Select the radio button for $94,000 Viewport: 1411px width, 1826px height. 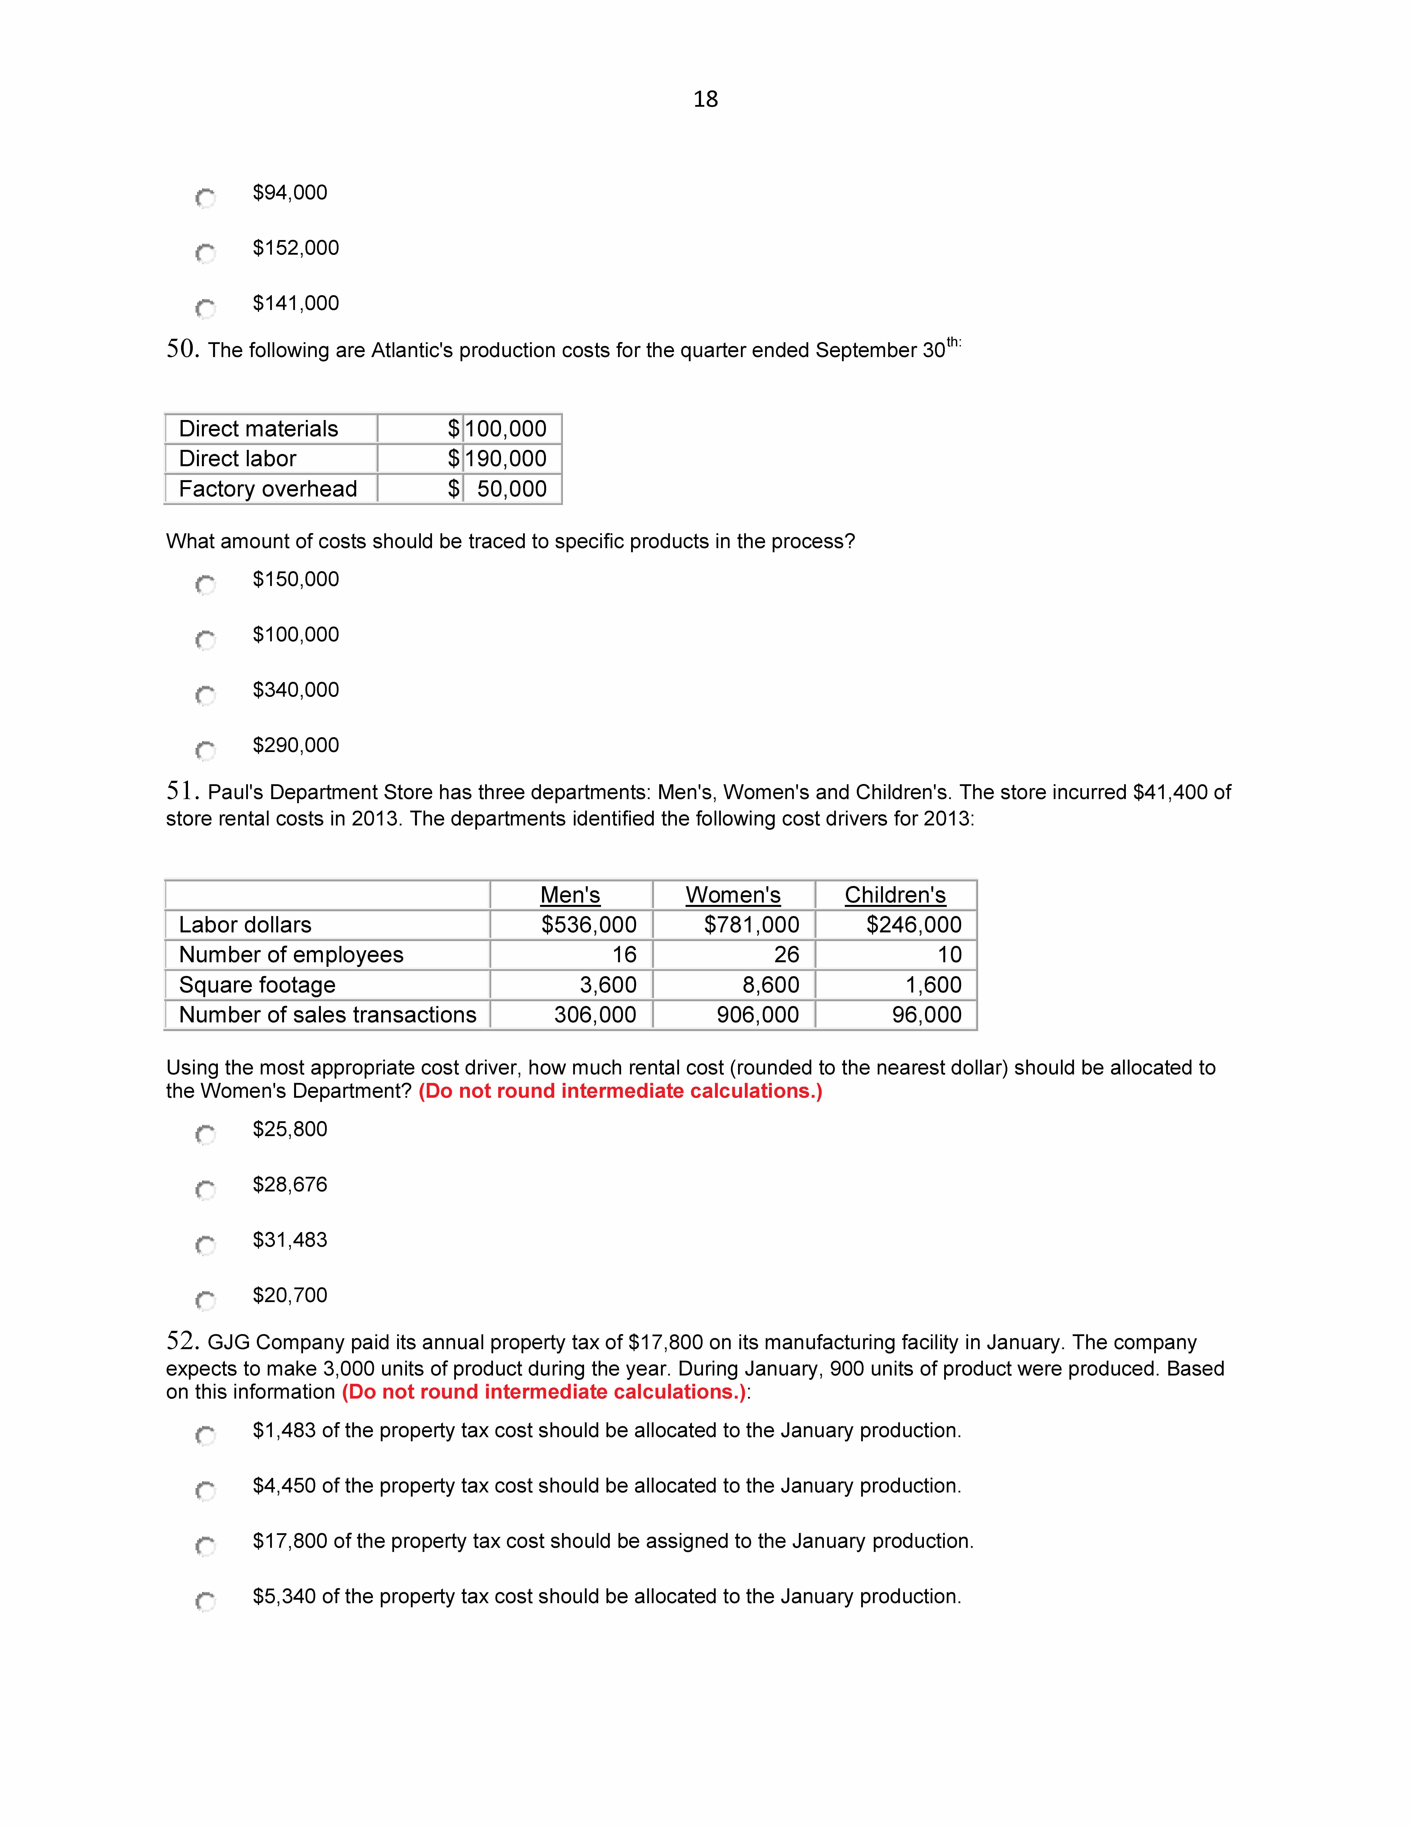(x=205, y=198)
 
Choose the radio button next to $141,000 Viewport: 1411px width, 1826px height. (x=205, y=308)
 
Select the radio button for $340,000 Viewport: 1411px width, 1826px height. (x=205, y=695)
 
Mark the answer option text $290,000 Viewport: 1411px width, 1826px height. (x=296, y=745)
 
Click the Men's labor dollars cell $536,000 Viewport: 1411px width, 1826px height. (x=588, y=925)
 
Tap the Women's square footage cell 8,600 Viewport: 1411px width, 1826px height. (x=771, y=985)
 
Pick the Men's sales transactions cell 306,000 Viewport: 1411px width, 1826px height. (x=595, y=1015)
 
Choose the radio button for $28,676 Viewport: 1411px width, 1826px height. (x=205, y=1190)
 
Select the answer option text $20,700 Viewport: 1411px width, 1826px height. (x=290, y=1295)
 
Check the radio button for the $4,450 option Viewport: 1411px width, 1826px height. (x=205, y=1491)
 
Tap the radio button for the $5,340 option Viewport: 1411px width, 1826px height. (x=205, y=1601)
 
